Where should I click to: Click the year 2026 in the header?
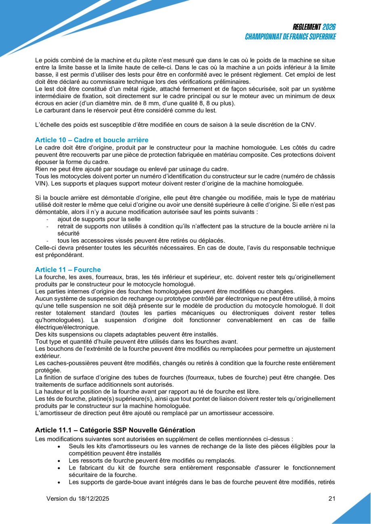click(x=329, y=27)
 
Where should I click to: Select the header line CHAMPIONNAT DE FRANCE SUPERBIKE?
click(x=291, y=37)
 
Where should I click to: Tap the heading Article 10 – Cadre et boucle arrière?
click(x=92, y=140)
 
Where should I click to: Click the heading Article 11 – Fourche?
click(x=68, y=270)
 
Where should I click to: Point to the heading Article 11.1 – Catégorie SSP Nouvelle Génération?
click(x=115, y=430)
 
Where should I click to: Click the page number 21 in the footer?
click(x=332, y=499)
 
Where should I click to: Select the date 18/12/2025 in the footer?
click(x=93, y=499)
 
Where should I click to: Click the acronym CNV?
click(x=309, y=125)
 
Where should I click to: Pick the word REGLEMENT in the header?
click(x=307, y=27)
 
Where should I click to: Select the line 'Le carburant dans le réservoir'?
click(x=126, y=110)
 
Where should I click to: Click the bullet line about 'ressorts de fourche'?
click(x=152, y=460)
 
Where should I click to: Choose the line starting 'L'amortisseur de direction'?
click(x=155, y=413)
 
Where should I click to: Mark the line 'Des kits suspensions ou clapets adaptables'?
click(x=126, y=334)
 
